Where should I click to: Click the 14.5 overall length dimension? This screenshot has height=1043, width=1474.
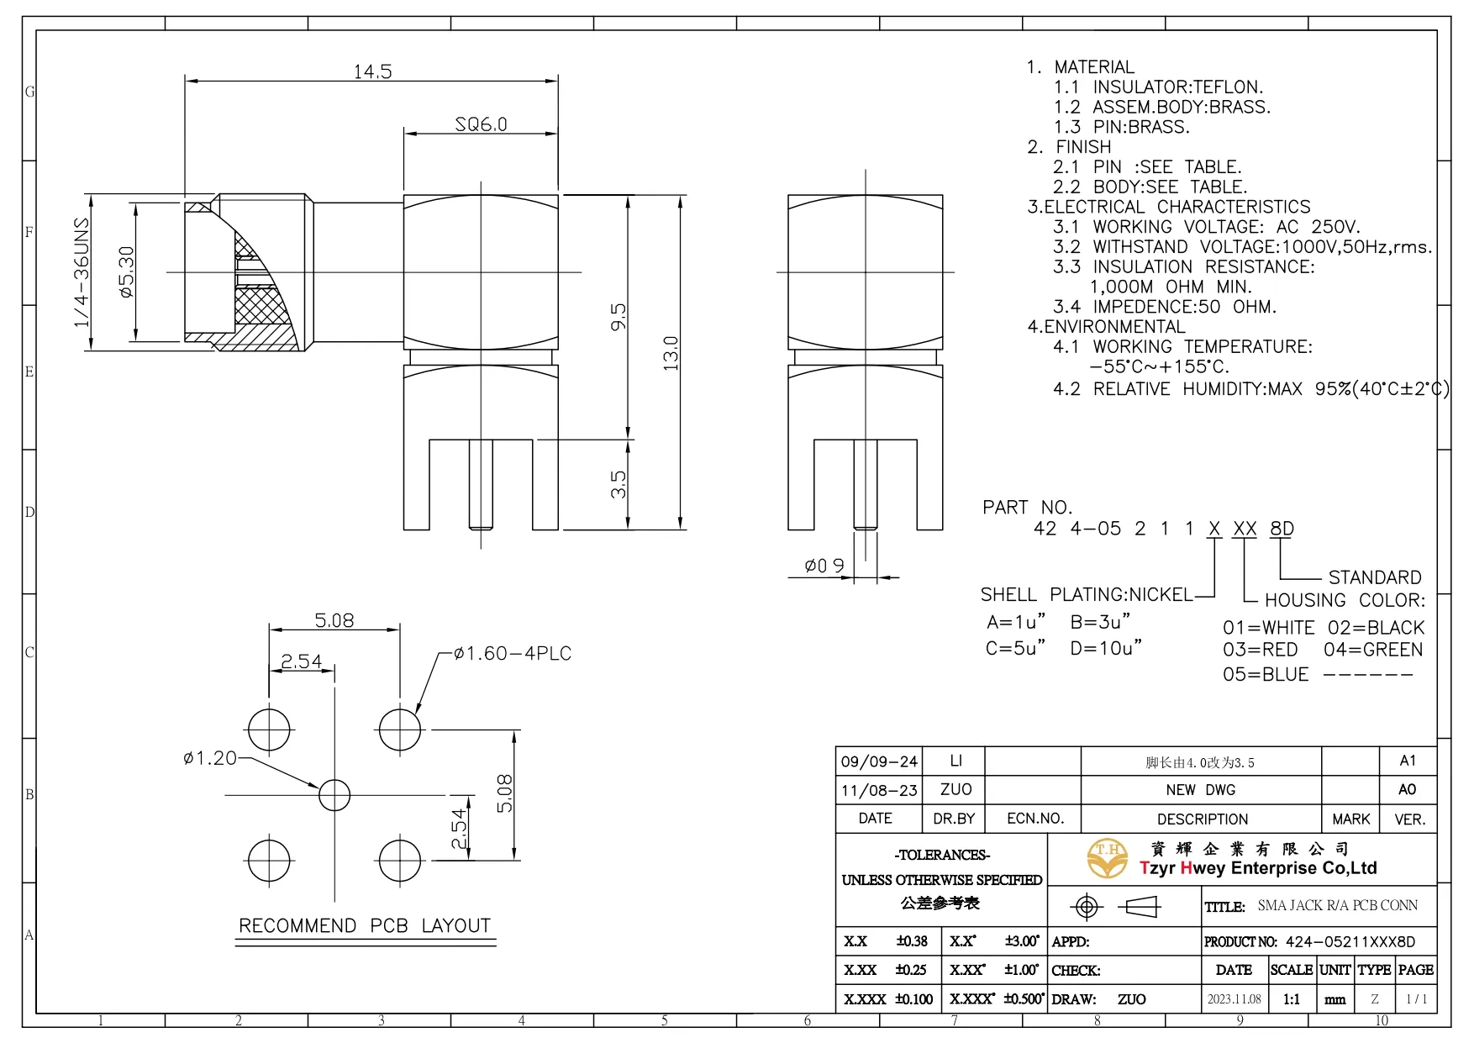(372, 71)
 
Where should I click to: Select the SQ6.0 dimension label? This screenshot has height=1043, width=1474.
(481, 124)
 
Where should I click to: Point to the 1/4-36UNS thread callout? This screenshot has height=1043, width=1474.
(82, 272)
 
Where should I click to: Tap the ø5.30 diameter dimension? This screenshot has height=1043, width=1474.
(126, 271)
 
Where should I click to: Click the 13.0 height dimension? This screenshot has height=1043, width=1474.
(670, 353)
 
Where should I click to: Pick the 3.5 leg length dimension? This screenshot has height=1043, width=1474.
(618, 485)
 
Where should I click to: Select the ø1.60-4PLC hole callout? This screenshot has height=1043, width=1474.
(512, 653)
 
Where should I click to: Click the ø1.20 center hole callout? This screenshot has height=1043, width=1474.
(210, 758)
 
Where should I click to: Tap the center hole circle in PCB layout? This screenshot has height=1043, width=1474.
(334, 794)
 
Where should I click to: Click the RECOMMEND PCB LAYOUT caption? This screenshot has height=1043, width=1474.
(365, 925)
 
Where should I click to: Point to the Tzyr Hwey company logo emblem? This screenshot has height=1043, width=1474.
(1108, 858)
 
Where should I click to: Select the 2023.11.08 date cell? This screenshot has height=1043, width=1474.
(1234, 999)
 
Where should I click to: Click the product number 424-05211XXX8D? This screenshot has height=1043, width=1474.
(1350, 942)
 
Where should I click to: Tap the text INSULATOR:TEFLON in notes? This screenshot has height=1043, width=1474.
(1177, 87)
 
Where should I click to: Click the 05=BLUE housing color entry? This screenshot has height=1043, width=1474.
(1266, 674)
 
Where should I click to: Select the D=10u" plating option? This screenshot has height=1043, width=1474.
(1106, 648)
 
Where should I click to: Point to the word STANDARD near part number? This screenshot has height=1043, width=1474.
(1375, 577)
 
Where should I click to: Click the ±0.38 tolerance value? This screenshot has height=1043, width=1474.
(912, 941)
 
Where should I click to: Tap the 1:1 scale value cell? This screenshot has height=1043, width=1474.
(1291, 999)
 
